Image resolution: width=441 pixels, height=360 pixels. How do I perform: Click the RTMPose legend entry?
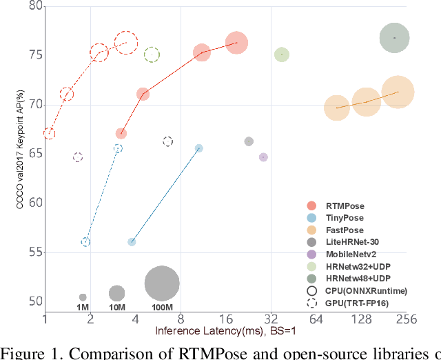point(345,206)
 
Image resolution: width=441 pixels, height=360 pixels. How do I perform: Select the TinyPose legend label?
point(345,217)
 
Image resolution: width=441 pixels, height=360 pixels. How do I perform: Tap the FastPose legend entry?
point(345,230)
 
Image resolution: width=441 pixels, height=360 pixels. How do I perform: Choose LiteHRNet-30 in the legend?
point(351,241)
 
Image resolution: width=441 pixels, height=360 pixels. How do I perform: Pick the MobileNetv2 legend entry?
point(350,254)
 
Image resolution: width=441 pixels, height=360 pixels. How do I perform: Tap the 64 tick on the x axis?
point(316,319)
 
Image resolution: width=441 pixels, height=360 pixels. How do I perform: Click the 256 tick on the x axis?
point(404,319)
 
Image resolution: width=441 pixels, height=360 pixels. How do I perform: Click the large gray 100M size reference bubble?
point(162,283)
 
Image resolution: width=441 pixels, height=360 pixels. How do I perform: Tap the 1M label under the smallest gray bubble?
point(83,307)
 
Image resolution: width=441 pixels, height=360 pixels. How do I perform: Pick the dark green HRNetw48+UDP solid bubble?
point(394,38)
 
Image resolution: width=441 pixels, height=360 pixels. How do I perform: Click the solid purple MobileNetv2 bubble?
point(263,157)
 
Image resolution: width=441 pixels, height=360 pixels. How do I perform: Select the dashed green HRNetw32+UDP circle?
point(152,54)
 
